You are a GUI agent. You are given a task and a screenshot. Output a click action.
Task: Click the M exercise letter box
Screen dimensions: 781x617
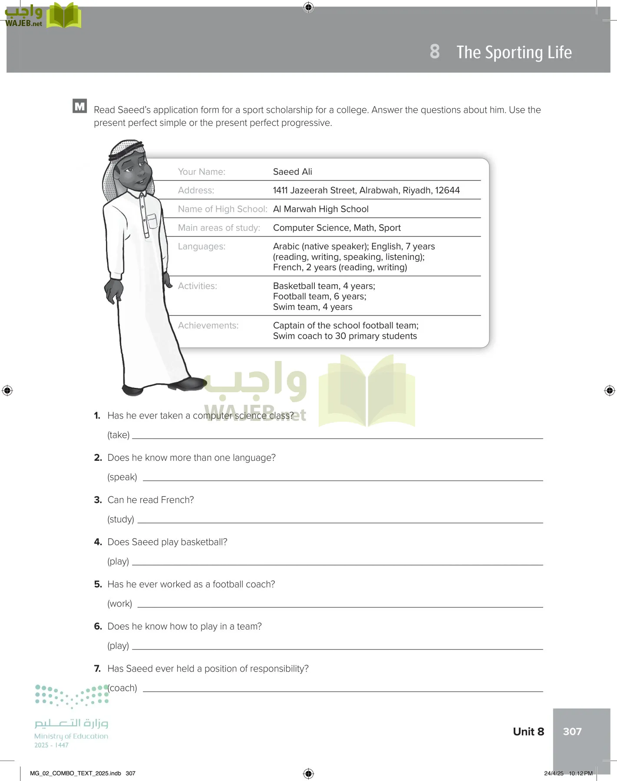tap(80, 106)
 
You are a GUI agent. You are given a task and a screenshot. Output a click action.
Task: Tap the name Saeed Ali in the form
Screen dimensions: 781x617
tap(292, 172)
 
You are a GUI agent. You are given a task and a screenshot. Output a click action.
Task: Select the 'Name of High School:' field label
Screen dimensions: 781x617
tap(222, 209)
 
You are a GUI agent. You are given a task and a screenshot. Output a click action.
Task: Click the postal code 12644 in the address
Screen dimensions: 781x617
tap(447, 190)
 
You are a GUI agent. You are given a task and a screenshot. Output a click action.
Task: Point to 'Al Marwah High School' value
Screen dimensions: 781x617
tap(320, 209)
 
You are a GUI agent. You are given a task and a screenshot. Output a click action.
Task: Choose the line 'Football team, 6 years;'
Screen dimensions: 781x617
tap(320, 296)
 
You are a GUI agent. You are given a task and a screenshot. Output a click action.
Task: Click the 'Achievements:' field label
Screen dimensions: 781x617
tap(208, 325)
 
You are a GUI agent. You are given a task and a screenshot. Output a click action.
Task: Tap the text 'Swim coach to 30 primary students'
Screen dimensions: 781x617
tap(345, 336)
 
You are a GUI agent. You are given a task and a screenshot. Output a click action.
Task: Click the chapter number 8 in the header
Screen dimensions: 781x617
tap(435, 52)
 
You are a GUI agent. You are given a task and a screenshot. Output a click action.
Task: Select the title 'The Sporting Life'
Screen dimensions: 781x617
tap(514, 53)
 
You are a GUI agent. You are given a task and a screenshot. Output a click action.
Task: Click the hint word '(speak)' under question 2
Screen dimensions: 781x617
tap(122, 477)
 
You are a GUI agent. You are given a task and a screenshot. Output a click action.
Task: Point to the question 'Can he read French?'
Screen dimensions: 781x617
tap(150, 500)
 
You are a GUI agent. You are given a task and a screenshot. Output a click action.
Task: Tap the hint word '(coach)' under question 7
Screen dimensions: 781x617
tap(123, 688)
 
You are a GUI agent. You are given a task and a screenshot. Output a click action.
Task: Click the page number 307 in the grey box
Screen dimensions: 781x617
tap(572, 732)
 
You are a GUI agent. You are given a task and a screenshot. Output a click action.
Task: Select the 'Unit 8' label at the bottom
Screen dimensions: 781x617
tap(528, 732)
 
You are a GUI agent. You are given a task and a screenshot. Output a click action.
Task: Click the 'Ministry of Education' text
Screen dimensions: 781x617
tap(71, 736)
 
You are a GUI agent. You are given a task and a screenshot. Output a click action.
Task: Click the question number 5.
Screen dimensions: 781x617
tap(98, 584)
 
